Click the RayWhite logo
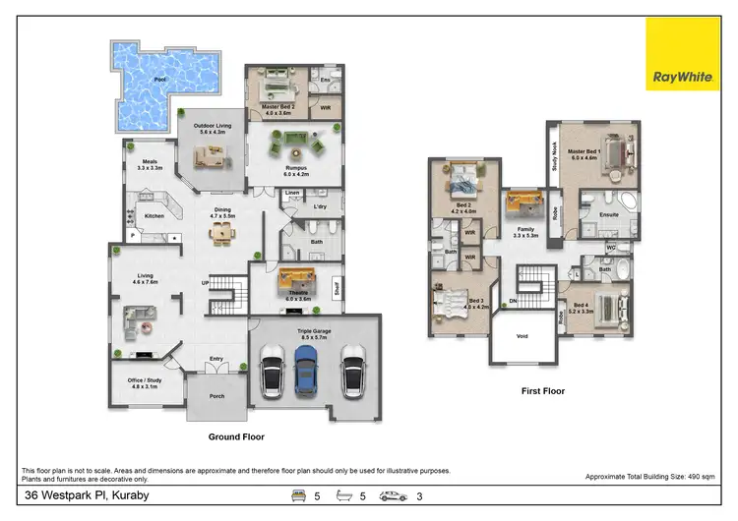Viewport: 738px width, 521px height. pyautogui.click(x=682, y=56)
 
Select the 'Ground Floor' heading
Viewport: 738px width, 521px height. pyautogui.click(x=236, y=436)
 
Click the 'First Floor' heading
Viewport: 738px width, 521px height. pyautogui.click(x=543, y=390)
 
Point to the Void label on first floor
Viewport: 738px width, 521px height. pyautogui.click(x=522, y=335)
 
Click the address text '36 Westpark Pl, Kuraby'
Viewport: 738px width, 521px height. pyautogui.click(x=87, y=495)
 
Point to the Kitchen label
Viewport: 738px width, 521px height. pyautogui.click(x=154, y=215)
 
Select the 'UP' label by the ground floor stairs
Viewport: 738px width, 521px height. pyautogui.click(x=205, y=282)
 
